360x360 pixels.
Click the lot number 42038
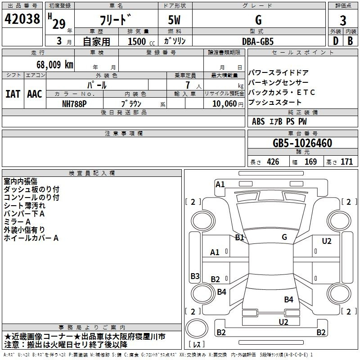tap(22, 20)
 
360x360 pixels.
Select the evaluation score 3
tap(343, 20)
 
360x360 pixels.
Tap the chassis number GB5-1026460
tap(302, 144)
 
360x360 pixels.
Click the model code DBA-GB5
tap(257, 41)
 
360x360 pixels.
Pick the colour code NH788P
tap(75, 103)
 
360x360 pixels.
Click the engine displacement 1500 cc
tap(137, 41)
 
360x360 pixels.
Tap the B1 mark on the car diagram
tap(239, 237)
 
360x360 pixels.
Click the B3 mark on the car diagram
tap(195, 276)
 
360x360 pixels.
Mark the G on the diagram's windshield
tap(284, 237)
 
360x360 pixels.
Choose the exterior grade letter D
tap(335, 41)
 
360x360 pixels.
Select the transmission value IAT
tap(13, 94)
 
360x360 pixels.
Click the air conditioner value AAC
tap(34, 94)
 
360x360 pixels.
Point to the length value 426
tap(272, 162)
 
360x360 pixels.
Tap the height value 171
tap(346, 162)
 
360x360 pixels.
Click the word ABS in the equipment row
tap(258, 121)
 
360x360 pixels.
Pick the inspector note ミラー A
tap(17, 222)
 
